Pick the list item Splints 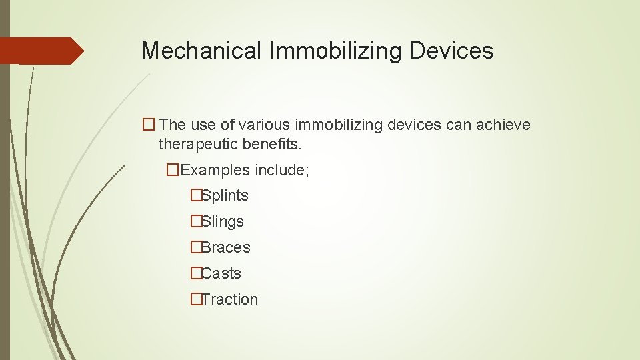tap(225, 196)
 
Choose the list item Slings tap(223, 222)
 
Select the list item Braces tap(226, 248)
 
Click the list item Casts tap(221, 274)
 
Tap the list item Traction tap(229, 300)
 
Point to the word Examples tap(212, 170)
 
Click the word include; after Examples tap(280, 170)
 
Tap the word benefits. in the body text tap(271, 144)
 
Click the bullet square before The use tap(148, 125)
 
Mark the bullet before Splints tap(195, 196)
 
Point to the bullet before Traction tap(195, 300)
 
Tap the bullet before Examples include tap(173, 170)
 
